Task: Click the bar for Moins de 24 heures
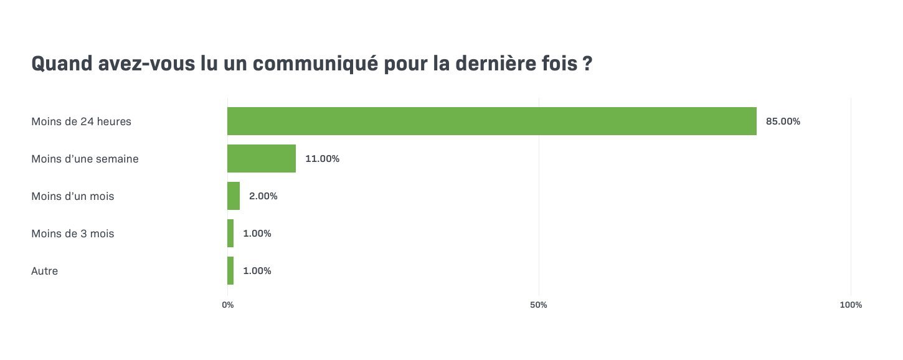click(492, 121)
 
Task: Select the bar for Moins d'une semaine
click(262, 159)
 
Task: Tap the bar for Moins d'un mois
click(234, 196)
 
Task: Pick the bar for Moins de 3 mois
click(230, 234)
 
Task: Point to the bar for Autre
click(230, 271)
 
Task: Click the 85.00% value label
click(783, 121)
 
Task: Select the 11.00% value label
click(322, 159)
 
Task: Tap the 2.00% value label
click(263, 196)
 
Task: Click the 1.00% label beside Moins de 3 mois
click(257, 234)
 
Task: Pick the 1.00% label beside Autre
click(257, 271)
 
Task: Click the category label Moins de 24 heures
click(81, 121)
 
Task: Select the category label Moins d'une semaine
click(85, 159)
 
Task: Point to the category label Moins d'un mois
click(72, 196)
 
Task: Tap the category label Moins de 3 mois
click(72, 234)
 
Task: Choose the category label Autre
click(44, 271)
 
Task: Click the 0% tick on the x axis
click(228, 305)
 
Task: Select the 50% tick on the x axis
click(539, 305)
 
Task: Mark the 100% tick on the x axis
click(851, 305)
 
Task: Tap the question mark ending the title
click(587, 65)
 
